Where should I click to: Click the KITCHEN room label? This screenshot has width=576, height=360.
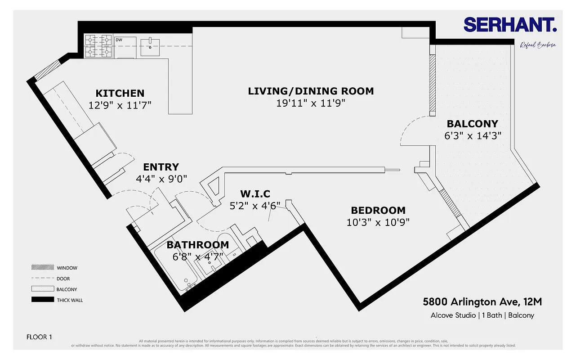point(120,93)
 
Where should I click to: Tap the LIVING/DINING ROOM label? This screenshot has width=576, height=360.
point(311,91)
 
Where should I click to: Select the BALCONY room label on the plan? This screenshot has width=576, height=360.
point(472,124)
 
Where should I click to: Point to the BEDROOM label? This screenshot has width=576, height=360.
point(378,210)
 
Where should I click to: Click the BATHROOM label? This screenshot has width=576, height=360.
point(197,245)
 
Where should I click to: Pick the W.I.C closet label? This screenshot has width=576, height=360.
point(255,194)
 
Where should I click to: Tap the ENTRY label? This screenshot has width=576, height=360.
point(161,167)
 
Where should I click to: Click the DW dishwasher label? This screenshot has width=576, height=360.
point(119,40)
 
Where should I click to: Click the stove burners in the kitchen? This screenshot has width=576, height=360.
point(98,46)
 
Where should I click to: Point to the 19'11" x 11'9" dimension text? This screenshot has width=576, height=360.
point(311,103)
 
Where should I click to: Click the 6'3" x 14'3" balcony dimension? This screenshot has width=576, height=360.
point(473,135)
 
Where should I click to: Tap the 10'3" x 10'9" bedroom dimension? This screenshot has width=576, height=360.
point(378,222)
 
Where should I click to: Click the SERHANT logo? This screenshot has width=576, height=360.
point(510,25)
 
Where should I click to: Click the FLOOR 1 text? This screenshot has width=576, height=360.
point(39,337)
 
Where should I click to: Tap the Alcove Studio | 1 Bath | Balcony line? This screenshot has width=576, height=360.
point(482,315)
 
